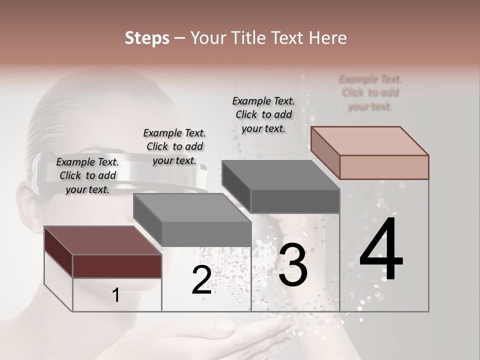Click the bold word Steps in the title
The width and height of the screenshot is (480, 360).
click(x=147, y=38)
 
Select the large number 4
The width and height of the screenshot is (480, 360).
click(x=381, y=249)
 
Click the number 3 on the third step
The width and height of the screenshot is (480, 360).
click(x=293, y=264)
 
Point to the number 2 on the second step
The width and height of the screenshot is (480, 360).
click(x=201, y=280)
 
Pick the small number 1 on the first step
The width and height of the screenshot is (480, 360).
click(x=116, y=295)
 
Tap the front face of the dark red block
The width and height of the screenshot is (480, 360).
click(x=117, y=266)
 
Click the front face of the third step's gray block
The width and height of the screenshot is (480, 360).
click(x=295, y=201)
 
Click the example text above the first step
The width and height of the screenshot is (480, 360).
click(x=87, y=175)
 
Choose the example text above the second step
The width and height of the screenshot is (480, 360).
click(x=174, y=146)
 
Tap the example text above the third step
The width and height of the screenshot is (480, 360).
click(x=263, y=114)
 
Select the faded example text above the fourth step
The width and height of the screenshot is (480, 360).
click(x=370, y=92)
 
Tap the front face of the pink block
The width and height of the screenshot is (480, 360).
click(x=384, y=167)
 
